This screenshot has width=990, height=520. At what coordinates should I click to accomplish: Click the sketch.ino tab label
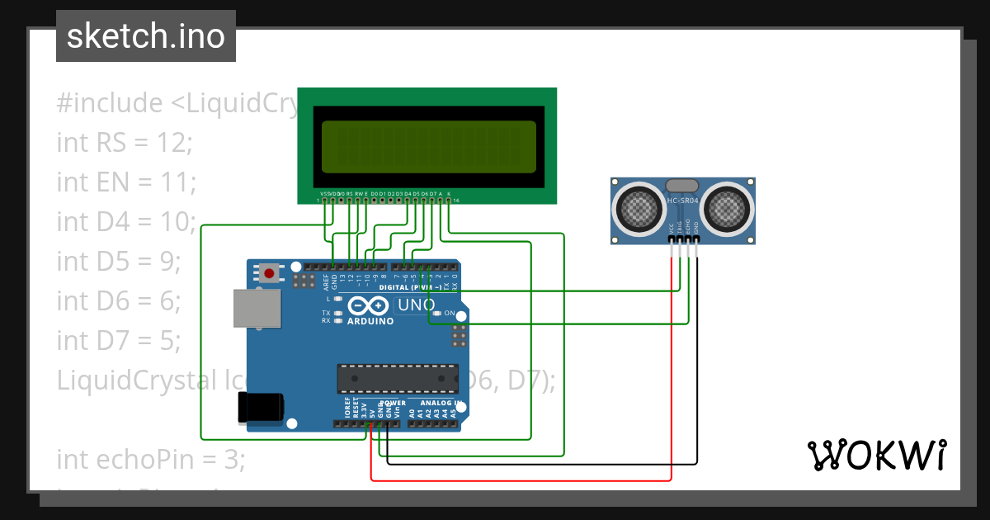click(145, 36)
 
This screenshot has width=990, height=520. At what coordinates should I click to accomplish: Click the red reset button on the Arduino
click(269, 272)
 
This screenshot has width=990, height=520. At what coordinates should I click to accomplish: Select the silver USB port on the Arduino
click(257, 310)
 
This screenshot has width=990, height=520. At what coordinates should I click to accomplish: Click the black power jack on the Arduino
click(262, 407)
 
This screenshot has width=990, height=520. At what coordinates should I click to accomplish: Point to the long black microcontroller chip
click(398, 378)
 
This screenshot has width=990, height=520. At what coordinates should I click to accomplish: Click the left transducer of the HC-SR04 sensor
click(638, 210)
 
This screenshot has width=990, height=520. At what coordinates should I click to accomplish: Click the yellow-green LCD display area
click(428, 145)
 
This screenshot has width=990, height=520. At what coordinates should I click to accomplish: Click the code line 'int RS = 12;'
click(124, 142)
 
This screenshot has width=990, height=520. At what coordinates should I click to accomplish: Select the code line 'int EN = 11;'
click(126, 182)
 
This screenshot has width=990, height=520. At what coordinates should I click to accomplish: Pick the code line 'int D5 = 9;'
click(118, 261)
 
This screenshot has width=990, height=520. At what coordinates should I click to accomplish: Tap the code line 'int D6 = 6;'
click(119, 300)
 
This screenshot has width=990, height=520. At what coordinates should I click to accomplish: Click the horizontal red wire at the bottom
click(520, 480)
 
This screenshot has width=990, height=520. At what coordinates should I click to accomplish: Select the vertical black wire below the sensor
click(697, 363)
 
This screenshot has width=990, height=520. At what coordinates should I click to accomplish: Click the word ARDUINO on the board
click(370, 320)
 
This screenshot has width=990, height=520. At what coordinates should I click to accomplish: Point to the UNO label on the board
click(416, 305)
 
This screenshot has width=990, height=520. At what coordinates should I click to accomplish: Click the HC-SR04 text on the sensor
click(682, 201)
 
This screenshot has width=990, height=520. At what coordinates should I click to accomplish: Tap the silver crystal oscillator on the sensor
click(681, 186)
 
